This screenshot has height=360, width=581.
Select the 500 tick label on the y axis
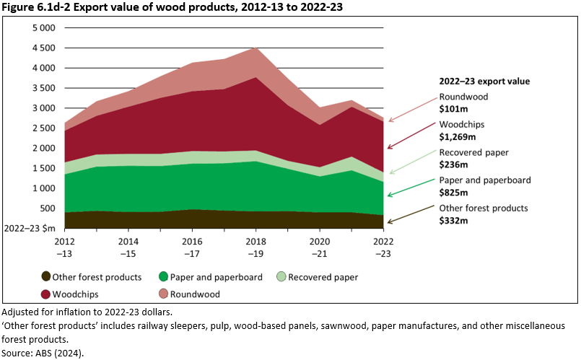(48, 208)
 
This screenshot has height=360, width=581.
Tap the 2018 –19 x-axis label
(255, 246)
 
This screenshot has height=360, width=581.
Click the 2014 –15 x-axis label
(128, 246)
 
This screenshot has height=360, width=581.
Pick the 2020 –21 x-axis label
(319, 246)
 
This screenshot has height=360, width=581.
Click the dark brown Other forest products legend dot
(46, 276)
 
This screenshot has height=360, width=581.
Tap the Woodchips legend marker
(46, 294)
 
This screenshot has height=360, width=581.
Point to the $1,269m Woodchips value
(457, 136)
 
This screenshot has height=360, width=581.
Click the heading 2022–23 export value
(484, 82)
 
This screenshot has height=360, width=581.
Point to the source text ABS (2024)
(60, 353)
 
